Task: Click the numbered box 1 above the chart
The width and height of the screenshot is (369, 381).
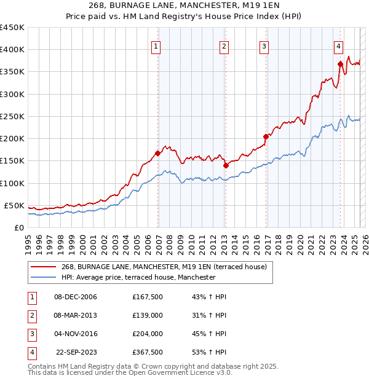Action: click(x=156, y=47)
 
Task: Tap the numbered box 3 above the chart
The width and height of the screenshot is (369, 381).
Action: click(x=264, y=47)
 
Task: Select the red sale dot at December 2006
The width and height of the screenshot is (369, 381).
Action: click(x=158, y=153)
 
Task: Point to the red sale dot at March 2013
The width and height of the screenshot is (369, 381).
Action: click(x=226, y=165)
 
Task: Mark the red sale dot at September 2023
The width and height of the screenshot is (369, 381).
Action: click(x=340, y=63)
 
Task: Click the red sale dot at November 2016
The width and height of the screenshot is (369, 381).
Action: click(x=266, y=136)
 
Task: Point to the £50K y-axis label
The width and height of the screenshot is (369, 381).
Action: click(x=14, y=205)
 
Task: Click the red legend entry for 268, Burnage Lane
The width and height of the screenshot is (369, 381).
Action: click(x=164, y=267)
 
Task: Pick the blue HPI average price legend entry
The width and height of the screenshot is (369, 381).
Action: click(x=138, y=278)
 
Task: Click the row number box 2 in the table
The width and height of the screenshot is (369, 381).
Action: click(x=31, y=315)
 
